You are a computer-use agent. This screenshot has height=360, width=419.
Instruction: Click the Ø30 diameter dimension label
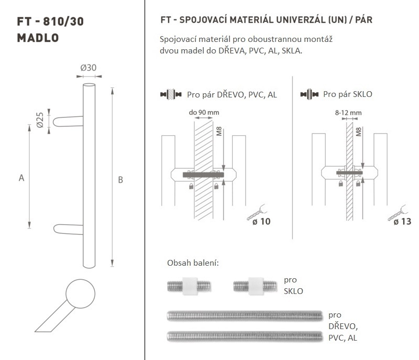tap(89, 68)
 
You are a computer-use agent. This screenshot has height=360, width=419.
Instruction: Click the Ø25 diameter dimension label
tap(40, 120)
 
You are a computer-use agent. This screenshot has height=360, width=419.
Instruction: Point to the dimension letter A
tap(21, 178)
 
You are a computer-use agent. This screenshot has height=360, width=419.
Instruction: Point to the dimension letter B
tap(120, 180)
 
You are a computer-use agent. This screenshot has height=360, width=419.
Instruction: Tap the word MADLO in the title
tap(38, 38)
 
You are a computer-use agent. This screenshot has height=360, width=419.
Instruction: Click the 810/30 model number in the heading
tap(63, 21)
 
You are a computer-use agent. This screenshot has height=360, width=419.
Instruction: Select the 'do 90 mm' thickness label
tap(204, 113)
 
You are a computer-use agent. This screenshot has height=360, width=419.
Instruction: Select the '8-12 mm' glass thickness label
tap(348, 113)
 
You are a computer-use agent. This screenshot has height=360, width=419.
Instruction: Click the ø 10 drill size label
tap(261, 221)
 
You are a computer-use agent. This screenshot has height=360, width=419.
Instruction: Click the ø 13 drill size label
tap(402, 221)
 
